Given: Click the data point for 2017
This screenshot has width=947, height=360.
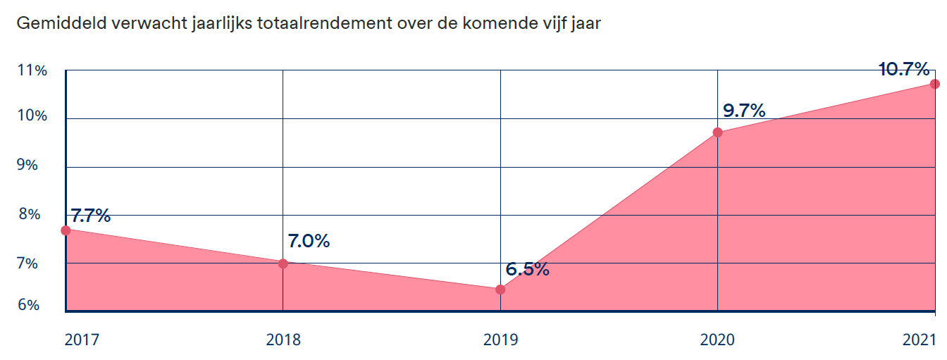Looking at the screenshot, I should coord(66,230).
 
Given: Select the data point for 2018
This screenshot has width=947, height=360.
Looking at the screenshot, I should coord(283,263).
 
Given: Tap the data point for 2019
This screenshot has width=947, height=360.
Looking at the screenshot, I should coord(500,290).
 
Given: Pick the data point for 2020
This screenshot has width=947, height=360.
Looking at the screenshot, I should coord(717,132).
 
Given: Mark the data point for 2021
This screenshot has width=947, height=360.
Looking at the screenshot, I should coord(934,84).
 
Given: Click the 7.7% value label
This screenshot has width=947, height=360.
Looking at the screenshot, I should coord(91,216).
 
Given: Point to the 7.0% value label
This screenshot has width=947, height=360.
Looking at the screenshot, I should coord(309,241).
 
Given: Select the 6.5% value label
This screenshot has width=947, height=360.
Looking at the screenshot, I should coord(527,269).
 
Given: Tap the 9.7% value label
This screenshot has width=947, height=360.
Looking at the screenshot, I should coord(744,111).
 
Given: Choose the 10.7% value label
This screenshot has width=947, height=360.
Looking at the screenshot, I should coord(904,69).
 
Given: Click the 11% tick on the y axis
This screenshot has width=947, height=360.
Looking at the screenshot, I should coord(32,70).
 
